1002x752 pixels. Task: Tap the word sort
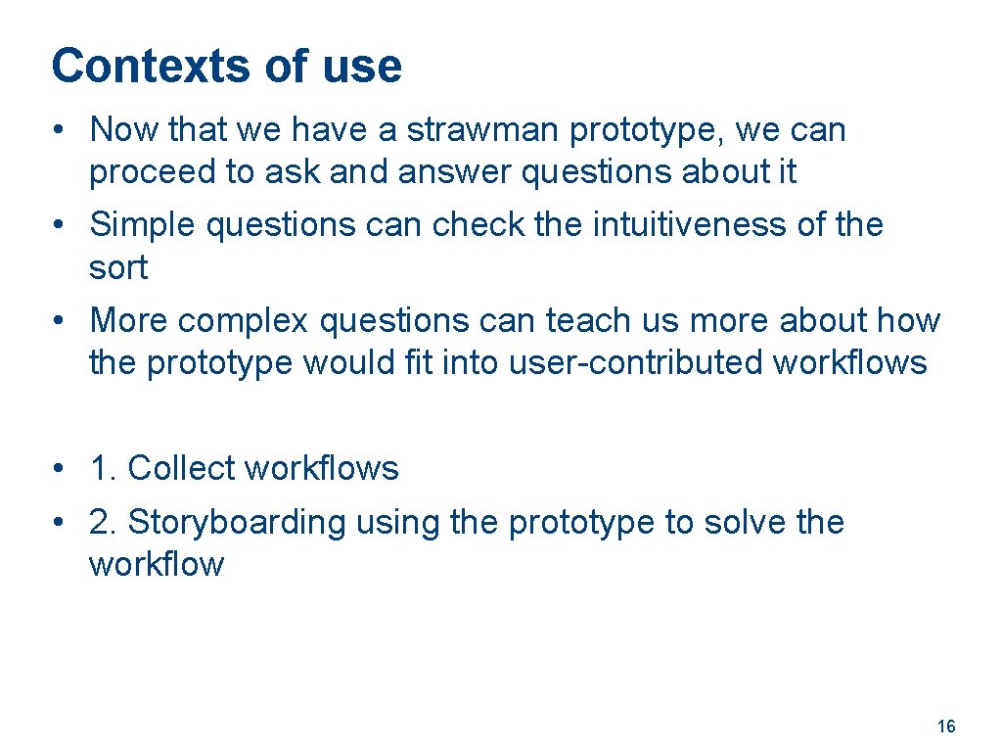pos(117,267)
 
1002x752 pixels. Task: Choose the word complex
pos(244,320)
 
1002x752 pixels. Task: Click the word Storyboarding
pos(237,522)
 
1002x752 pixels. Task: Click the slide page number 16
pos(946,727)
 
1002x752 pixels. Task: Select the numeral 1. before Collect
pos(102,469)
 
